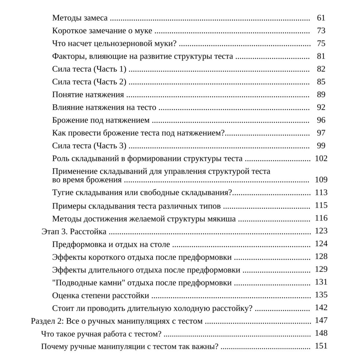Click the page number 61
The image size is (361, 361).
321,18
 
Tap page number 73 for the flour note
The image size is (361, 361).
321,31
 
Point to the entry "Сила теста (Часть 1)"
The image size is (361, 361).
89,69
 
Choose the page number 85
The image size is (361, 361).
321,82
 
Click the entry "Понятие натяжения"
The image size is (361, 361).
88,95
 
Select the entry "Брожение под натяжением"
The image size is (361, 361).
101,120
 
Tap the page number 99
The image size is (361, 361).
321,146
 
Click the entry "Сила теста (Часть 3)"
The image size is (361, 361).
89,146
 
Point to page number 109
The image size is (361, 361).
321,180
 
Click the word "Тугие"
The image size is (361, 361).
62,192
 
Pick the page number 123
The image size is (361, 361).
321,231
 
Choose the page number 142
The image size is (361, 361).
321,308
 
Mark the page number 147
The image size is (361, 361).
321,320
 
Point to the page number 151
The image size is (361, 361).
321,346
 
